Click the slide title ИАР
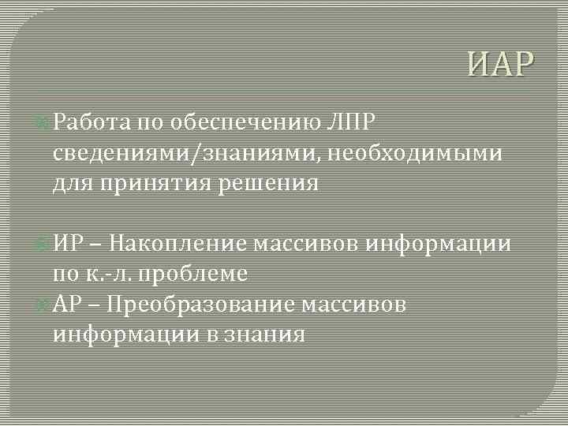[499, 62]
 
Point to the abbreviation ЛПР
[349, 122]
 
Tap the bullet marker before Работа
[45, 123]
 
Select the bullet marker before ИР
[45, 243]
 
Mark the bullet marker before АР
[45, 304]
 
